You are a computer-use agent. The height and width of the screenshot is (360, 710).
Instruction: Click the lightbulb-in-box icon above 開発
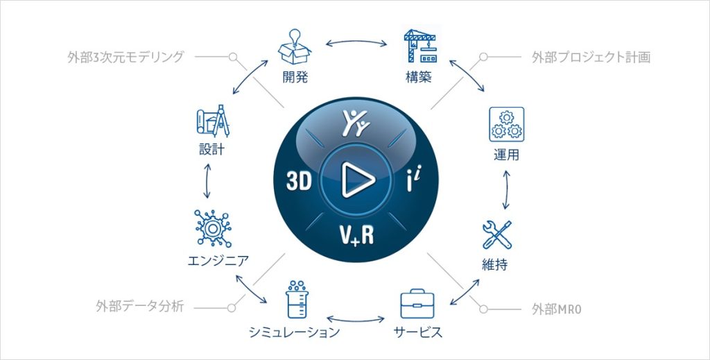[294, 46]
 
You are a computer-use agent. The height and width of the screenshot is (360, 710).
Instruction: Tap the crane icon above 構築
[419, 46]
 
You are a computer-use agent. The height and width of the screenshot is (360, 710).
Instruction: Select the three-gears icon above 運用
[506, 125]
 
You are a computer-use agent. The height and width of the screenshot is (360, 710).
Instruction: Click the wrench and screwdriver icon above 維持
[497, 234]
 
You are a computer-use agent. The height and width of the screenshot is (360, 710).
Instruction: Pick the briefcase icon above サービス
[417, 303]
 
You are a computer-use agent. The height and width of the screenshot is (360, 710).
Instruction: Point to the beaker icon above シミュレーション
[297, 300]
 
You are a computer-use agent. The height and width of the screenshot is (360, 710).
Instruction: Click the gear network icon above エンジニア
[212, 228]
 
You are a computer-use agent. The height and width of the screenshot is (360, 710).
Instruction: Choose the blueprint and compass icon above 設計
[213, 121]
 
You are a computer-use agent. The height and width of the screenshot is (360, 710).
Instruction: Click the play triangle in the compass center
[358, 180]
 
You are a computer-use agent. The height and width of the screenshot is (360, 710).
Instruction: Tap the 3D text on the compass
[300, 181]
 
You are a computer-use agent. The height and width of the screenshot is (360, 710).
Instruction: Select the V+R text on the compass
[357, 235]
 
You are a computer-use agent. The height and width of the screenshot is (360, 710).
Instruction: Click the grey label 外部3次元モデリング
[126, 57]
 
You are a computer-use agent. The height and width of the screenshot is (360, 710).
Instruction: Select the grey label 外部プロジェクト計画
[591, 57]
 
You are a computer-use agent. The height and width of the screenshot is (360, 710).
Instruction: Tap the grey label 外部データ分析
[140, 307]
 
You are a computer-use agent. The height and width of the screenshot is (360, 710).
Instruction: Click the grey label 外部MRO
[557, 310]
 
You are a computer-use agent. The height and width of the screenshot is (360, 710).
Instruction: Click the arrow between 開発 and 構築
[356, 42]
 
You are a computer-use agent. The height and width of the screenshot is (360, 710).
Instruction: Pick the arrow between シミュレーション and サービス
[356, 319]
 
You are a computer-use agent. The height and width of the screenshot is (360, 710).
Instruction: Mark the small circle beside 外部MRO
[483, 309]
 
